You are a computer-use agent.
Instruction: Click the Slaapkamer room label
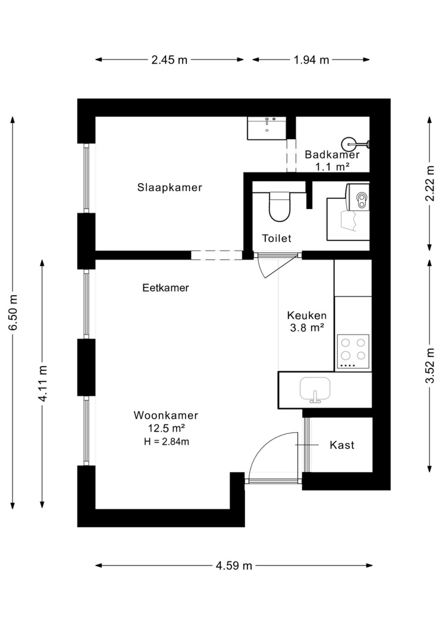(x=170, y=187)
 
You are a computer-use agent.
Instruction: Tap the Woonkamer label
(x=165, y=415)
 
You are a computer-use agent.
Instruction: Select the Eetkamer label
(x=165, y=287)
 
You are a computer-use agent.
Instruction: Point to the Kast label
(x=342, y=445)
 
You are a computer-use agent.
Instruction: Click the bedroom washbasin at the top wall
(x=267, y=128)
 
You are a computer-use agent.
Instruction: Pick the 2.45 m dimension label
(x=169, y=60)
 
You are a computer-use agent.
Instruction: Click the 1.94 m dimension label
(x=311, y=60)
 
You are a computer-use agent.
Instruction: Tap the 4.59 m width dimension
(x=234, y=565)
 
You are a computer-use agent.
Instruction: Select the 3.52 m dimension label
(x=430, y=365)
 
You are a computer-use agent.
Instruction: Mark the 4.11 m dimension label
(x=42, y=383)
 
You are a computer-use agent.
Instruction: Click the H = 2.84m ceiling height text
(x=167, y=442)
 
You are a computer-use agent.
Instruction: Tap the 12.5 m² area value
(x=166, y=429)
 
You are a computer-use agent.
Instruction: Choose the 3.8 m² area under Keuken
(x=306, y=328)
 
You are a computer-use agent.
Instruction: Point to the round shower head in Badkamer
(x=349, y=144)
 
